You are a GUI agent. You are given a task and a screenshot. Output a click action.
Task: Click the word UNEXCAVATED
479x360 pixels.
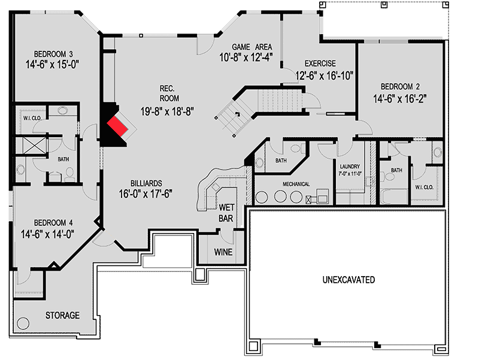click(348, 280)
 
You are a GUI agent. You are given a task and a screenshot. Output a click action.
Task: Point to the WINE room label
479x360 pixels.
click(223, 252)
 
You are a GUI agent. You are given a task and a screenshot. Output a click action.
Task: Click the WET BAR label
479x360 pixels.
click(226, 213)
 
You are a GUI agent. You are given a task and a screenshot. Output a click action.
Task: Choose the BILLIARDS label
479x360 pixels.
click(147, 183)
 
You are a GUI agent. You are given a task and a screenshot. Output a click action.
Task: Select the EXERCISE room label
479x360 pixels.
click(320, 63)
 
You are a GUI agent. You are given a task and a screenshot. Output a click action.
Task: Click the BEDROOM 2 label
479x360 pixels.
click(401, 85)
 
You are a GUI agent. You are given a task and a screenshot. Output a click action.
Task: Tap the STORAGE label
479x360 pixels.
click(62, 315)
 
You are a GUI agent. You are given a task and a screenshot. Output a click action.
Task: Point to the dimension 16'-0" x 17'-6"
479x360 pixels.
click(147, 194)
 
